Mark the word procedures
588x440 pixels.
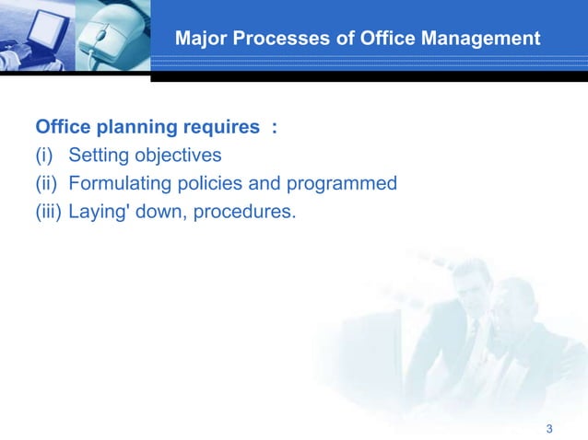point(244,214)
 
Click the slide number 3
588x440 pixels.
point(549,429)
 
